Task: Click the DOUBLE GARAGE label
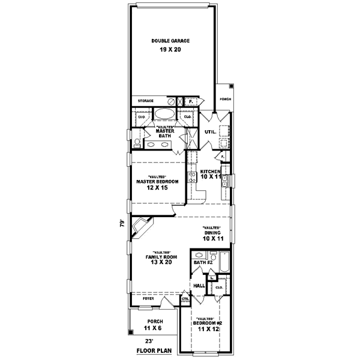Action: (x=171, y=41)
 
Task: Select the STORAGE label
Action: (x=146, y=101)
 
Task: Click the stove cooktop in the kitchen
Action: (x=193, y=177)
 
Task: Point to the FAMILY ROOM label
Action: (x=159, y=257)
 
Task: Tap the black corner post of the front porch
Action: (x=130, y=334)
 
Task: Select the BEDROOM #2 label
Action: (x=206, y=323)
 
